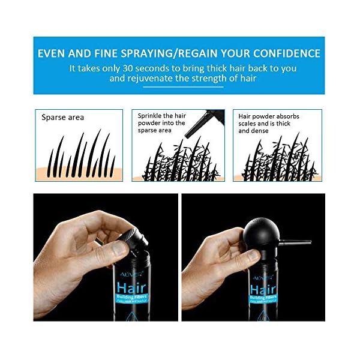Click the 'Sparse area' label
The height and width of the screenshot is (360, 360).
click(62, 118)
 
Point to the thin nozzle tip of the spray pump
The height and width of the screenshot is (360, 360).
click(306, 242)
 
